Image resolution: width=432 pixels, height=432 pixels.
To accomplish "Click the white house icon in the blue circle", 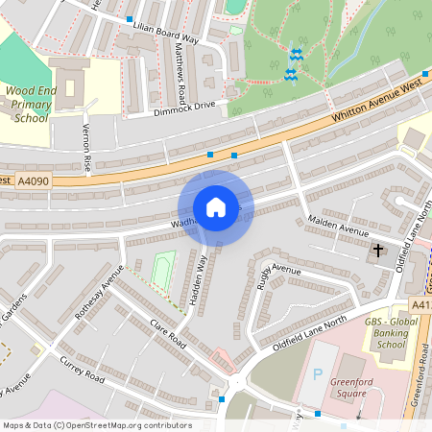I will pyautogui.click(x=215, y=207).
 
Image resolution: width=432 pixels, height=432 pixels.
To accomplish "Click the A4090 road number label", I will pyautogui.click(x=34, y=180).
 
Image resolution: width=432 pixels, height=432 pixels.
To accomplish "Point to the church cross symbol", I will pyautogui.click(x=377, y=252).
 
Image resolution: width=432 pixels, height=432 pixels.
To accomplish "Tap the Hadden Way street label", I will pyautogui.click(x=197, y=279).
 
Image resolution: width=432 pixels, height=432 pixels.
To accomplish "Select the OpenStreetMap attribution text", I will pyautogui.click(x=96, y=425).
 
